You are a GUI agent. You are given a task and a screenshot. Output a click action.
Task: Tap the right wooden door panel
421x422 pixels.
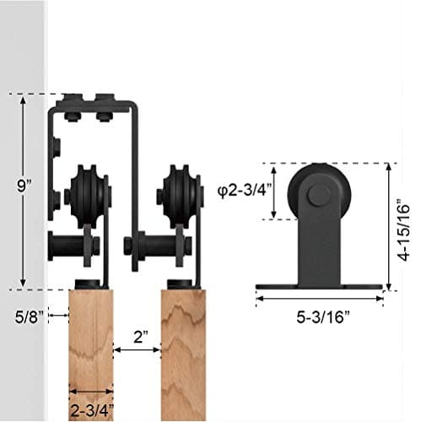183,354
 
